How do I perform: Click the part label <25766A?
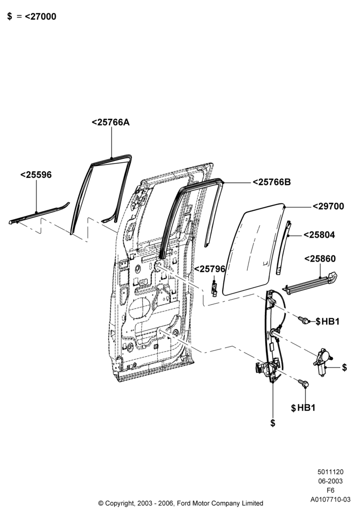pyautogui.click(x=111, y=122)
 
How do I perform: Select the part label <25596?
pyautogui.click(x=36, y=175)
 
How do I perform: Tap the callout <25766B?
pyautogui.click(x=272, y=182)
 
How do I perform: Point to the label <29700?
pyautogui.click(x=328, y=207)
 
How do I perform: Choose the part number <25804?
pyautogui.click(x=319, y=235)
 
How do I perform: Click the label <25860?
pyautogui.click(x=320, y=259)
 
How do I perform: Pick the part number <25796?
pyautogui.click(x=210, y=269)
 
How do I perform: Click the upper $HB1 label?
pyautogui.click(x=328, y=322)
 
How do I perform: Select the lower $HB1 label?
pyautogui.click(x=303, y=408)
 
